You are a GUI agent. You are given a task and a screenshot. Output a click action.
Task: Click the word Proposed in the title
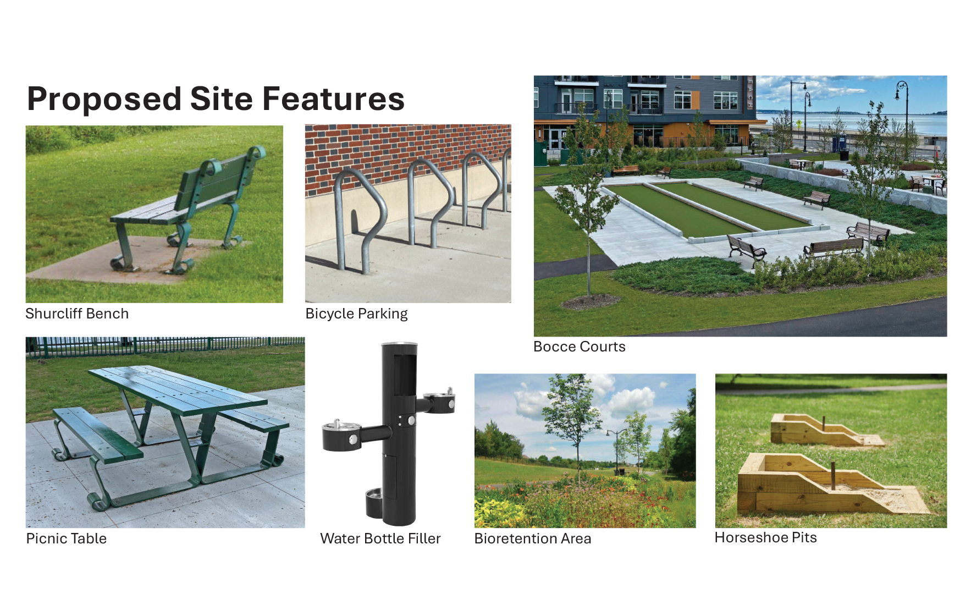click(104, 100)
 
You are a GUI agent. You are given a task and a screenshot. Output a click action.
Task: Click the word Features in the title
click(334, 99)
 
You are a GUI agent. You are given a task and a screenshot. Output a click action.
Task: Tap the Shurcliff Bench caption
click(77, 313)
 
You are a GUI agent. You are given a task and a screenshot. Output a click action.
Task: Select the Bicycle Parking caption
click(356, 313)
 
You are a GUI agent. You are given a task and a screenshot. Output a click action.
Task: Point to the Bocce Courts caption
click(580, 346)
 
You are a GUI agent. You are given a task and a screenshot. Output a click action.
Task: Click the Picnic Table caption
click(67, 538)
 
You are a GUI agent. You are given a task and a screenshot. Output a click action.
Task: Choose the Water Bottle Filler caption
click(380, 538)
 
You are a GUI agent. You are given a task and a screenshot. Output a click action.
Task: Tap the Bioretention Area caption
click(533, 538)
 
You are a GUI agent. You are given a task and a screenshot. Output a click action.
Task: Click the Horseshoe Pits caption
click(766, 537)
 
